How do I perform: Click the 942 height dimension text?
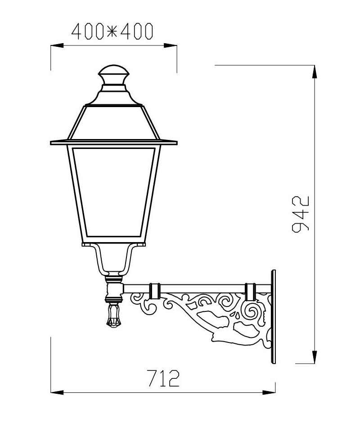pyautogui.click(x=301, y=213)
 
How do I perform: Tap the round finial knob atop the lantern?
pyautogui.click(x=114, y=74)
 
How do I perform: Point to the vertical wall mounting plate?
pyautogui.click(x=273, y=316)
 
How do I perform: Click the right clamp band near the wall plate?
pyautogui.click(x=250, y=291)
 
